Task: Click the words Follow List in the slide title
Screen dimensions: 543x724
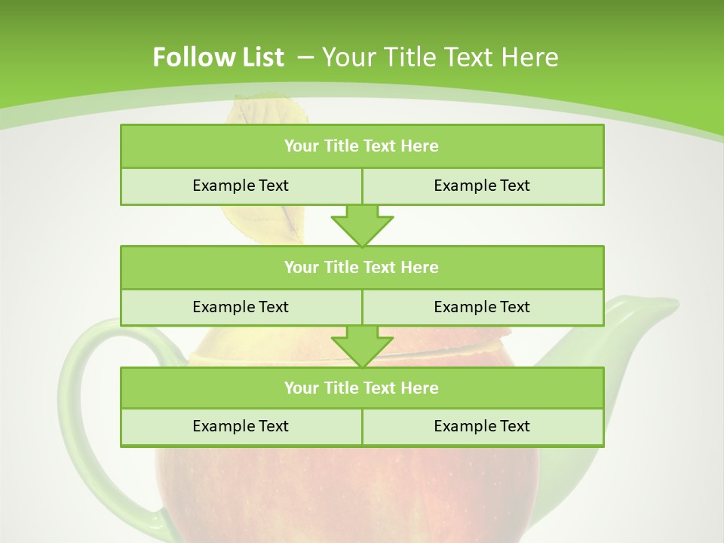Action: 218,57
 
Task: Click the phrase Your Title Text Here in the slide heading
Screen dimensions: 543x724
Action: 440,57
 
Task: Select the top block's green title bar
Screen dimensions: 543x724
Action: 362,146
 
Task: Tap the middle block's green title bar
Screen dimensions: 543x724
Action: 362,267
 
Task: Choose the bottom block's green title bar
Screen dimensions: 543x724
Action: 362,388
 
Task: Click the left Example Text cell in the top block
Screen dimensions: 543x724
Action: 241,186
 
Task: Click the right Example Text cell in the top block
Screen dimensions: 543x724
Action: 482,186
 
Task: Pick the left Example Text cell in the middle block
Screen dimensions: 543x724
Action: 241,307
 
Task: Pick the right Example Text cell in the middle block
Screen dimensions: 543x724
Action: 482,307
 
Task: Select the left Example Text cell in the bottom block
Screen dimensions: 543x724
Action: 241,426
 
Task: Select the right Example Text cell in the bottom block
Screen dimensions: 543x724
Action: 482,426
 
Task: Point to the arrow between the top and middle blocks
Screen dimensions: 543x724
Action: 362,225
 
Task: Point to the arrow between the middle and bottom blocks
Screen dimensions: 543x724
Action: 362,346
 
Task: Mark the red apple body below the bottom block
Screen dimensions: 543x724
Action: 354,490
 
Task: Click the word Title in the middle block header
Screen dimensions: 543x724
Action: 341,267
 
